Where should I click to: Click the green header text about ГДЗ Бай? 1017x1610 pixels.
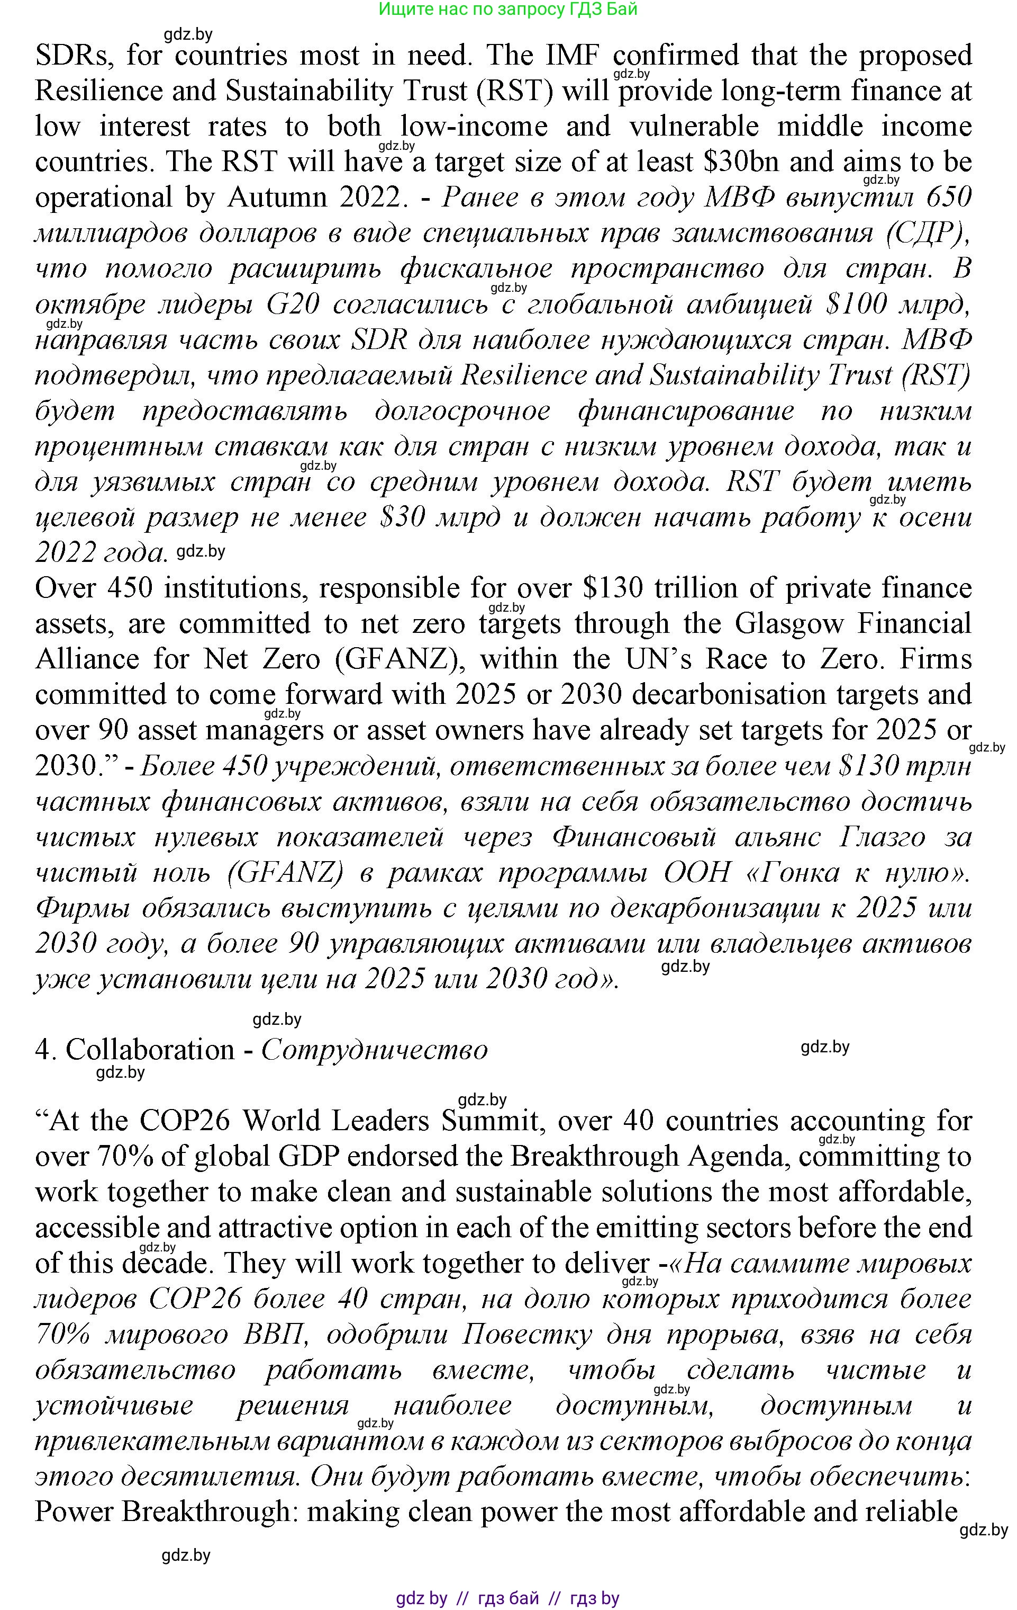click(508, 10)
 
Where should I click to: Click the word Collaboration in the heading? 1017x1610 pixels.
click(150, 1050)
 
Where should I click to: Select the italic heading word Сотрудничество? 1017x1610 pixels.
click(374, 1050)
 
